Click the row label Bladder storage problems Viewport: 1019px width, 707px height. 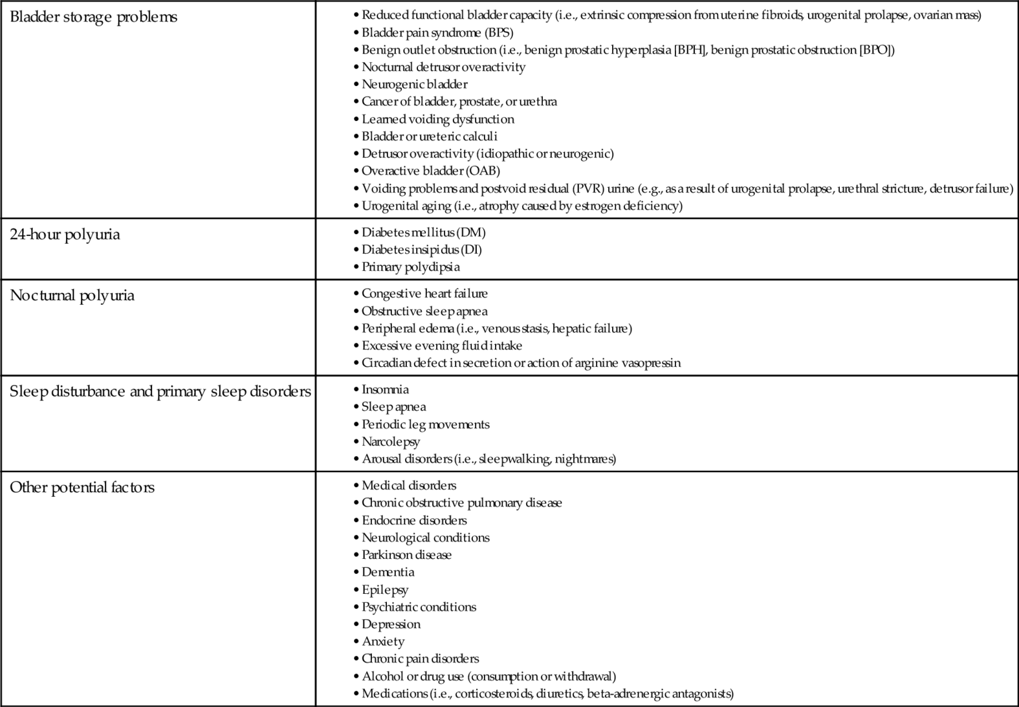point(93,17)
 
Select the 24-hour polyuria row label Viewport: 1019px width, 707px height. point(65,234)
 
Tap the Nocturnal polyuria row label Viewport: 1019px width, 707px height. point(72,296)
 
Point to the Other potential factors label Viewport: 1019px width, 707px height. point(82,487)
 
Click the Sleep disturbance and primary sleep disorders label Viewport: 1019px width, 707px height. point(160,391)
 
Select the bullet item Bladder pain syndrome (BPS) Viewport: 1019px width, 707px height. point(437,32)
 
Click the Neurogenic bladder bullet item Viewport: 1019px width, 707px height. point(414,84)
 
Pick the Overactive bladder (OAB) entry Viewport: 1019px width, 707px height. point(430,171)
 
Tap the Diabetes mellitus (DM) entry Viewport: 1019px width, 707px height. point(423,232)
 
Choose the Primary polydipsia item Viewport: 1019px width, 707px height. point(410,266)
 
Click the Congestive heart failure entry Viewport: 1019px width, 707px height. point(424,293)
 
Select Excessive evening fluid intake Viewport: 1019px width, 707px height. point(441,345)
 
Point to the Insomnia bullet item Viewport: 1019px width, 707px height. point(385,389)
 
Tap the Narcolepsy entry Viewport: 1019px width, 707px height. point(391,442)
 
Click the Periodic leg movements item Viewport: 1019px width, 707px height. point(425,424)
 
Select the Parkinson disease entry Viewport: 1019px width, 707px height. point(406,555)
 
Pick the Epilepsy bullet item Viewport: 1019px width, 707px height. point(385,590)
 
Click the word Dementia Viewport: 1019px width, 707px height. point(388,572)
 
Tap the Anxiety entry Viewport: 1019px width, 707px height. point(383,642)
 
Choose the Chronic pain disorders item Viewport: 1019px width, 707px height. point(420,658)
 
